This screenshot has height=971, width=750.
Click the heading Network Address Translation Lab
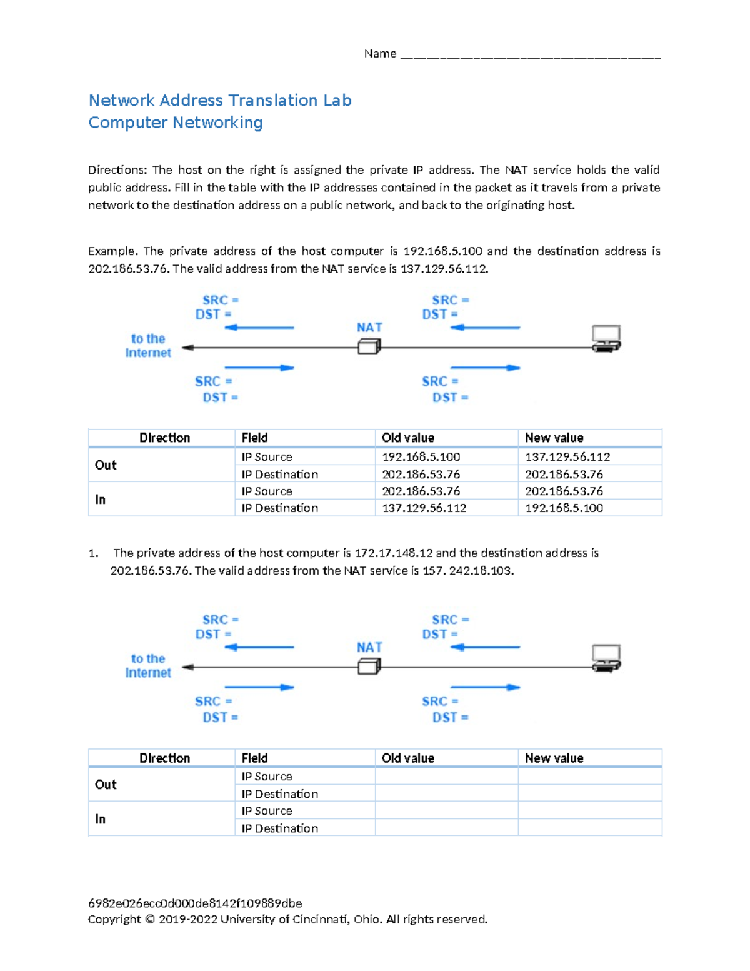tap(219, 100)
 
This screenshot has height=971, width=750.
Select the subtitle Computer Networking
tap(175, 123)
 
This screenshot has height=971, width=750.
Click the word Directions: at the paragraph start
tap(117, 170)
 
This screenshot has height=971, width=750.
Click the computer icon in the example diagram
tap(606, 338)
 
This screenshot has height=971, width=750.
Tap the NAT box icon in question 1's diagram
tap(369, 667)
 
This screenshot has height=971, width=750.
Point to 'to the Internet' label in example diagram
tap(148, 346)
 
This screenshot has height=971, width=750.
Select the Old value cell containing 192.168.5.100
tap(421, 457)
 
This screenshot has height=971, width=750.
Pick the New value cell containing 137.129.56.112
tap(567, 457)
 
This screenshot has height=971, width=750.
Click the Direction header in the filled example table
tap(164, 438)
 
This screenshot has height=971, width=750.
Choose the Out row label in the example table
tap(106, 465)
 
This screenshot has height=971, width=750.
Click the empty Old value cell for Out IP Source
tap(446, 777)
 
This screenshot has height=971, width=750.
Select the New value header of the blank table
tap(554, 758)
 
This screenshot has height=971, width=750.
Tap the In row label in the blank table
tap(100, 819)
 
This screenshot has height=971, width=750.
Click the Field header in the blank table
tap(254, 758)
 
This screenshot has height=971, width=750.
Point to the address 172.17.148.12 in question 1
tap(393, 553)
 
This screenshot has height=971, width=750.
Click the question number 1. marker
tap(93, 553)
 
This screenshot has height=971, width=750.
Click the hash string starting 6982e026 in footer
tap(195, 903)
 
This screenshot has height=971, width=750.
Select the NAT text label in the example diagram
tap(369, 328)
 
